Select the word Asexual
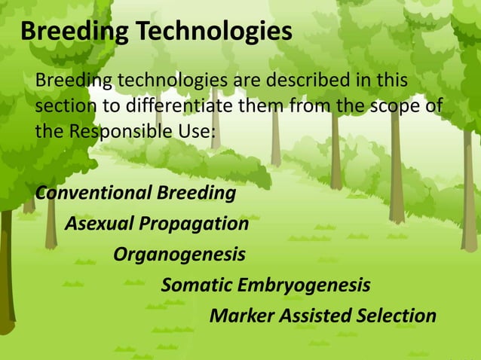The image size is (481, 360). pos(94,224)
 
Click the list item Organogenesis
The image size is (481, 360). pos(179,255)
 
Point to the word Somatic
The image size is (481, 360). pos(197,285)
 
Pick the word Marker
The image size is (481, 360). pos(237,316)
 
